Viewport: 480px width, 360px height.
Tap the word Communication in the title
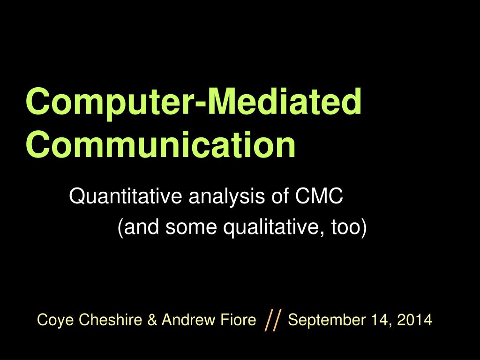[x=161, y=145]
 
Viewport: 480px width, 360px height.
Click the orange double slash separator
[x=273, y=321]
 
